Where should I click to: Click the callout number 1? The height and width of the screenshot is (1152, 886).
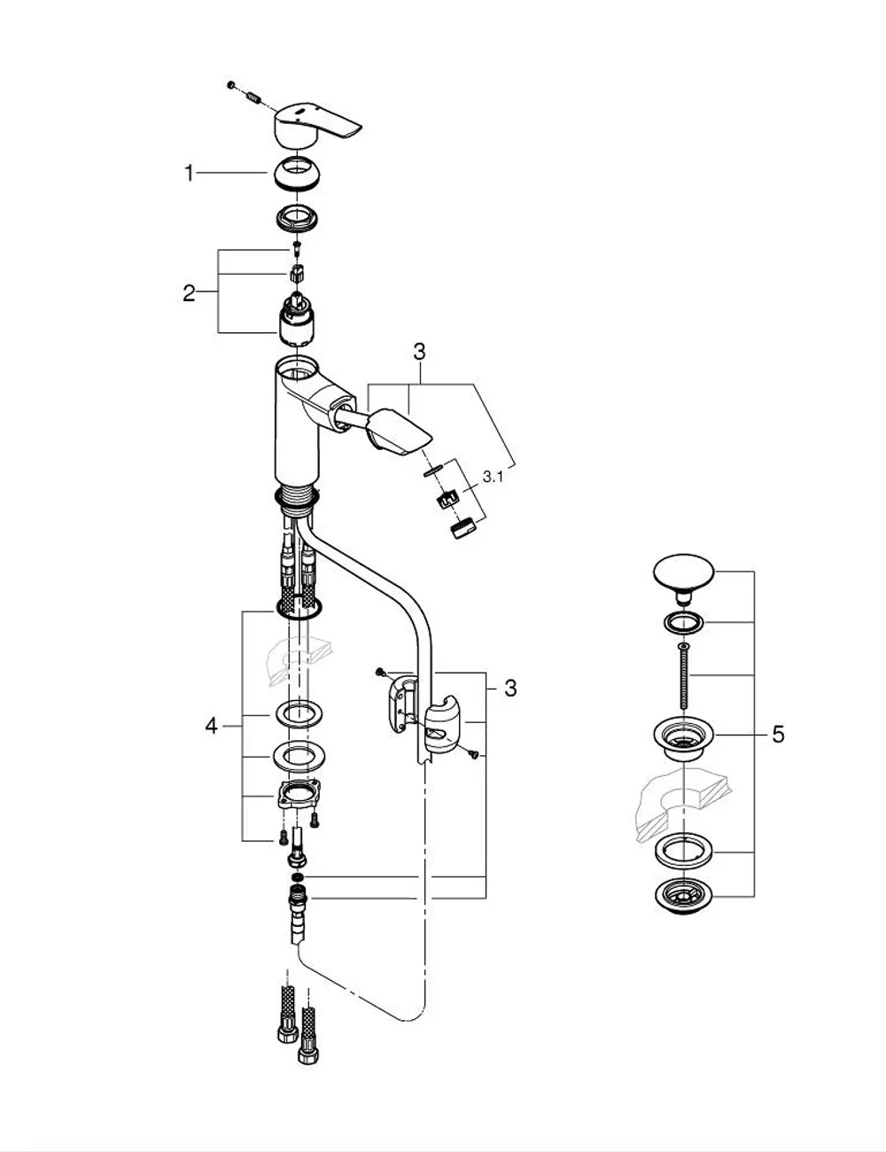tap(190, 174)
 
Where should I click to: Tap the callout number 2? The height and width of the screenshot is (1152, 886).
tap(190, 293)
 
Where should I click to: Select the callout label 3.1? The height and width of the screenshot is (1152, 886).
tap(493, 477)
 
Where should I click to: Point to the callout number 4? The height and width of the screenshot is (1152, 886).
tap(212, 726)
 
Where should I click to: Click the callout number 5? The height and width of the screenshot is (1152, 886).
tap(778, 735)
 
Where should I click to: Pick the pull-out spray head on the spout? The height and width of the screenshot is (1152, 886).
tap(400, 430)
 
